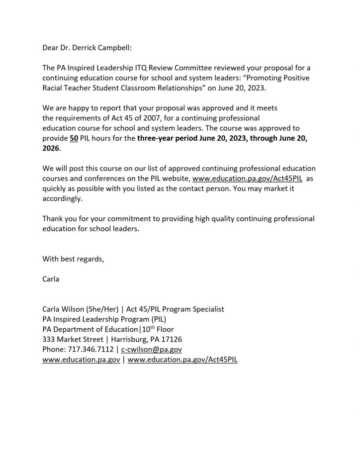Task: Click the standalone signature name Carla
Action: (x=51, y=279)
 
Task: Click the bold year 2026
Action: (x=51, y=149)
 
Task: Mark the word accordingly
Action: (x=62, y=198)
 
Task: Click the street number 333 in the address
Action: (x=49, y=339)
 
